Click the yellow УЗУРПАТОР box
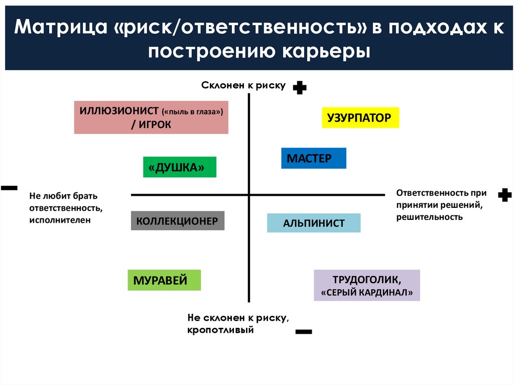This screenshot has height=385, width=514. click(x=360, y=118)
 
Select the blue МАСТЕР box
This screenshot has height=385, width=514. click(x=313, y=158)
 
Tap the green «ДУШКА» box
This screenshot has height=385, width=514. click(x=180, y=167)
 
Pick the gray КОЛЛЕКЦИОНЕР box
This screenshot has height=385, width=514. click(x=177, y=221)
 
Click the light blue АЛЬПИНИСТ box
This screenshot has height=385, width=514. click(x=314, y=223)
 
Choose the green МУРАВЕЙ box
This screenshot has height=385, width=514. click(x=164, y=280)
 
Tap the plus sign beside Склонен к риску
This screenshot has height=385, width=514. click(x=300, y=88)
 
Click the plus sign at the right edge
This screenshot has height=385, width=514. click(x=504, y=195)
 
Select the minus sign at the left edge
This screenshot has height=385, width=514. click(x=9, y=188)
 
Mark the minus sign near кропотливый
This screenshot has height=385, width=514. click(x=304, y=332)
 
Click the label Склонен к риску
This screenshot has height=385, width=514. click(x=243, y=86)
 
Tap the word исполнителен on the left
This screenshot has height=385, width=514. click(x=60, y=220)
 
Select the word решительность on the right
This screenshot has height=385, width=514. click(x=429, y=217)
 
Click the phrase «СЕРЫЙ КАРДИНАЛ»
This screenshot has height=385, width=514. click(x=367, y=293)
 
